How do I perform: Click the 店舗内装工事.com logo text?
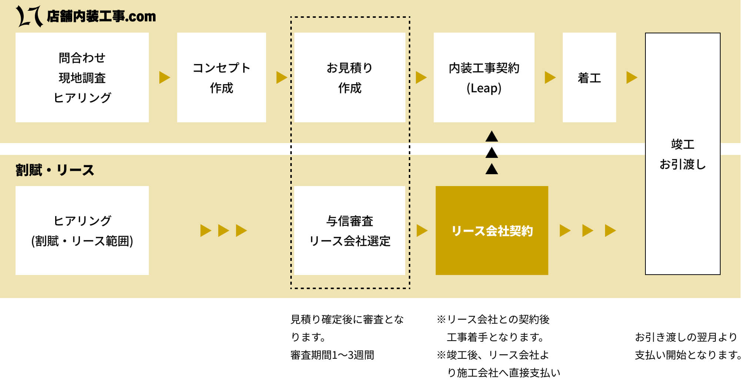pyautogui.click(x=101, y=16)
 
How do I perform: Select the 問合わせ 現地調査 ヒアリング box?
pyautogui.click(x=82, y=77)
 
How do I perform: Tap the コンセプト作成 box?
pyautogui.click(x=221, y=77)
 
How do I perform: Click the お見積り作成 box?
pyautogui.click(x=350, y=77)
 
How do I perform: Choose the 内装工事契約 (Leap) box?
pyautogui.click(x=484, y=77)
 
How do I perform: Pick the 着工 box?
pyautogui.click(x=589, y=77)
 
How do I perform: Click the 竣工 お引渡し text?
pyautogui.click(x=682, y=154)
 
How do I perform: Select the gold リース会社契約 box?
pyautogui.click(x=492, y=231)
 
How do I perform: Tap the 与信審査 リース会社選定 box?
pyautogui.click(x=350, y=231)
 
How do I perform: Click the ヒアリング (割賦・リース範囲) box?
pyautogui.click(x=82, y=231)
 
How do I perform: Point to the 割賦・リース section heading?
pyautogui.click(x=55, y=170)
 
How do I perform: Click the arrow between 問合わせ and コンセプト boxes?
pyautogui.click(x=164, y=77)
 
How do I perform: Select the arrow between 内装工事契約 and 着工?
pyautogui.click(x=550, y=77)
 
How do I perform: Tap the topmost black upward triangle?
pyautogui.click(x=491, y=136)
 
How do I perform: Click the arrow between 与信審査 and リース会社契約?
pyautogui.click(x=422, y=231)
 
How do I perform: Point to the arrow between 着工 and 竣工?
pyautogui.click(x=631, y=77)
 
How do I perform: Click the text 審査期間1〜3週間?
pyautogui.click(x=332, y=355)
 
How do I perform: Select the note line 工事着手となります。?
pyautogui.click(x=495, y=337)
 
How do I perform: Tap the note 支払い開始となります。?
pyautogui.click(x=688, y=355)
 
